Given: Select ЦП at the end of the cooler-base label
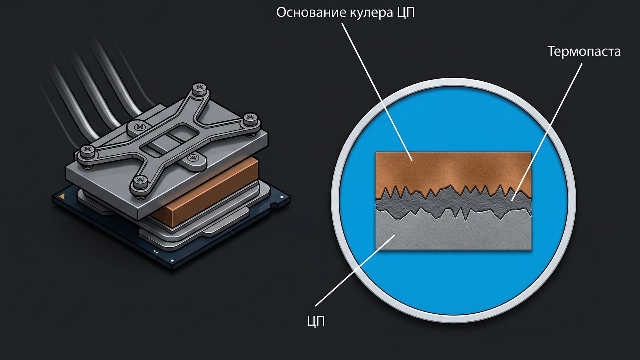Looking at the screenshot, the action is pyautogui.click(x=406, y=13).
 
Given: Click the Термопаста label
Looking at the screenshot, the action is pyautogui.click(x=584, y=51).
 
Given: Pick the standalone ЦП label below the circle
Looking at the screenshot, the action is pyautogui.click(x=316, y=321).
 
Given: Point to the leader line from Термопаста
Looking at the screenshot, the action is pyautogui.click(x=547, y=132).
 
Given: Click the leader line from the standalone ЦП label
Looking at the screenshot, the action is pyautogui.click(x=355, y=270).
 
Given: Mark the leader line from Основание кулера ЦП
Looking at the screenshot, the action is pyautogui.click(x=377, y=92).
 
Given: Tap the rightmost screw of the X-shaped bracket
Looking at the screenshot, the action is pyautogui.click(x=251, y=119).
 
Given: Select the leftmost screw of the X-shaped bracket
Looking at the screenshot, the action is pyautogui.click(x=87, y=150).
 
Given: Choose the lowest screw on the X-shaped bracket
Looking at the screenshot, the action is pyautogui.click(x=140, y=182).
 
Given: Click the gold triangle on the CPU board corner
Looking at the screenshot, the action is pyautogui.click(x=62, y=198).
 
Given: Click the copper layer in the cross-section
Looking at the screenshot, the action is pyautogui.click(x=453, y=170).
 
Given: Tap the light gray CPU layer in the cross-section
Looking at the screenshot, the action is pyautogui.click(x=453, y=232).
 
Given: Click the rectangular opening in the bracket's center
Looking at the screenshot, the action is pyautogui.click(x=168, y=139).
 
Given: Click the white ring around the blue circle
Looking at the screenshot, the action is pyautogui.click(x=454, y=80).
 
